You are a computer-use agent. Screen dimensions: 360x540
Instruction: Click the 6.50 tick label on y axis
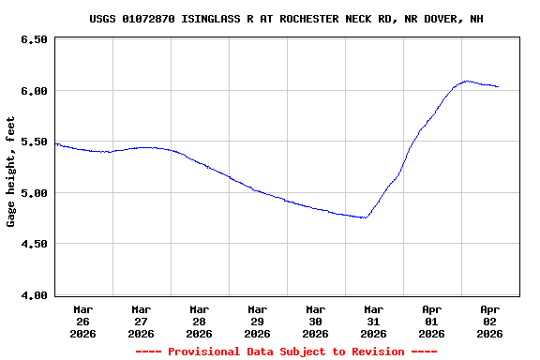click(x=33, y=40)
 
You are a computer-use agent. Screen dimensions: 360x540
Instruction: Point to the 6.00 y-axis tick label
click(x=33, y=91)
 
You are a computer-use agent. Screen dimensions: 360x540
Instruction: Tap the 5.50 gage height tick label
click(x=33, y=142)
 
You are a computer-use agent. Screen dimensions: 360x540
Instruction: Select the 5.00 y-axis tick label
click(x=33, y=193)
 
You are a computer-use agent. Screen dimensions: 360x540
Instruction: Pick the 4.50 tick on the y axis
click(x=33, y=244)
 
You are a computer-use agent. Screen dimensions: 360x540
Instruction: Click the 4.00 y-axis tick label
click(x=33, y=295)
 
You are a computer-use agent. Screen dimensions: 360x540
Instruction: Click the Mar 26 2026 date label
click(x=83, y=321)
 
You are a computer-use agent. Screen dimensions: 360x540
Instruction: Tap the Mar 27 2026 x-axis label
click(x=142, y=321)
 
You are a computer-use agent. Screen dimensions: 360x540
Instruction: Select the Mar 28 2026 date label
click(x=200, y=321)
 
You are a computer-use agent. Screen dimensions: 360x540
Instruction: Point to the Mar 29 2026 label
click(x=258, y=321)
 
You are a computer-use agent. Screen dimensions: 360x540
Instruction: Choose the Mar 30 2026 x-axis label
click(x=316, y=321)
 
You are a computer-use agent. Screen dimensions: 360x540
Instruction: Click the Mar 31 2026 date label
click(x=374, y=321)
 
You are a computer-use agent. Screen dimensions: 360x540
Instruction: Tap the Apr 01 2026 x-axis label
click(x=432, y=321)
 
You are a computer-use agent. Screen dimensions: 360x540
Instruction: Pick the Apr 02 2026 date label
click(x=490, y=321)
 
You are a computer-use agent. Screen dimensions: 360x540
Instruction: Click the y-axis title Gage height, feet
click(x=11, y=172)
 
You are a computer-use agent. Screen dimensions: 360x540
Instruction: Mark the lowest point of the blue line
click(x=366, y=217)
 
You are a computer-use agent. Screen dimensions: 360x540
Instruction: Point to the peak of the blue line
click(x=467, y=81)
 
